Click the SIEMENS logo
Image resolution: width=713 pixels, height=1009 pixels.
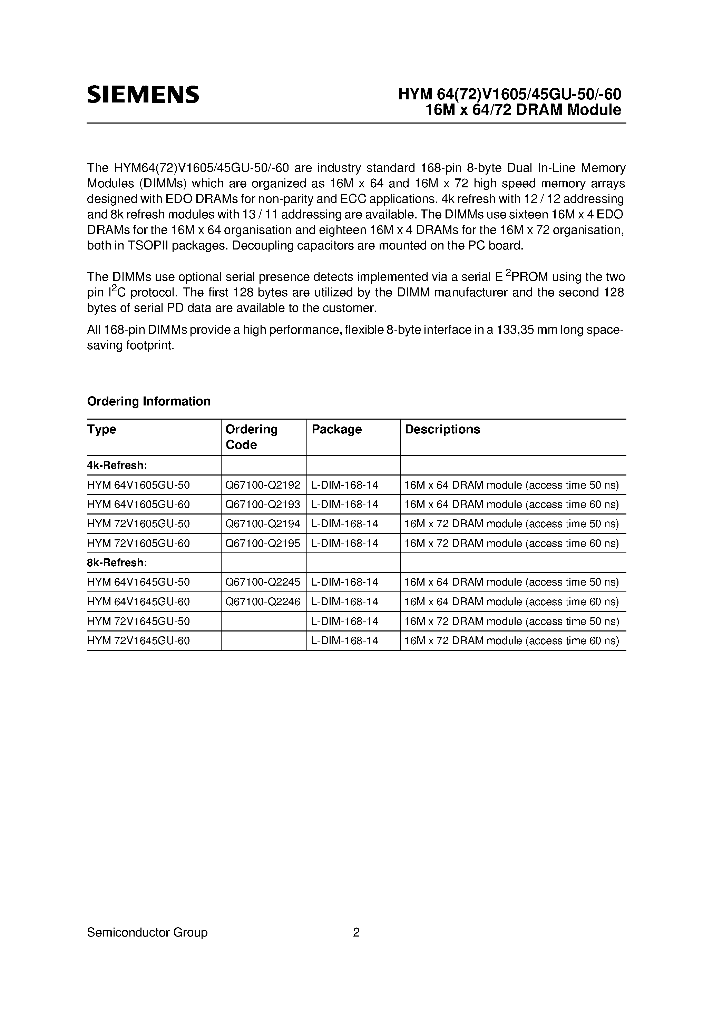click(x=143, y=95)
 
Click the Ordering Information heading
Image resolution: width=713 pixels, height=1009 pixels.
click(x=149, y=401)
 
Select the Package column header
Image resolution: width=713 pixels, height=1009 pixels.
click(x=336, y=429)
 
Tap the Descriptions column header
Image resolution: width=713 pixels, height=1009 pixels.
click(x=442, y=429)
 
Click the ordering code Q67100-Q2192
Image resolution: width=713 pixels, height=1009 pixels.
click(x=262, y=485)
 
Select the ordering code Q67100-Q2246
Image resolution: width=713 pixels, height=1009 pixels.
click(x=262, y=601)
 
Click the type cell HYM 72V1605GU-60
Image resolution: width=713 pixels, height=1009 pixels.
click(x=138, y=543)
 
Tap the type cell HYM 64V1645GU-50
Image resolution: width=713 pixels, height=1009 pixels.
click(x=138, y=582)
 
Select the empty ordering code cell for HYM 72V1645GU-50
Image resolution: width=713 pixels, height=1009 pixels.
click(x=263, y=621)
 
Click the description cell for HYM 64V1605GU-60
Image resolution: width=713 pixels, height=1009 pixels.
click(x=511, y=504)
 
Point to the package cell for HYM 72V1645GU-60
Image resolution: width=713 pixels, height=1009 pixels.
click(x=345, y=641)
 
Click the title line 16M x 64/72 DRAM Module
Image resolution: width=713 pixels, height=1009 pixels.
click(x=523, y=110)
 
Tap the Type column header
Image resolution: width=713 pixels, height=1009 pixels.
click(x=101, y=429)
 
